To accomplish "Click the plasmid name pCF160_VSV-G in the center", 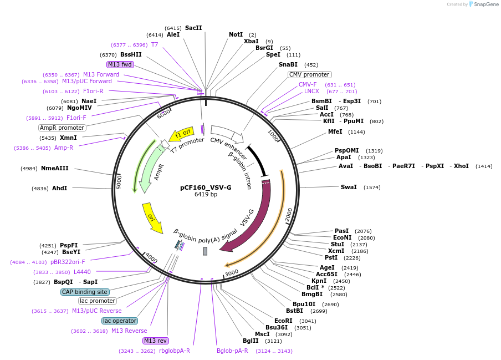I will tap(206, 187).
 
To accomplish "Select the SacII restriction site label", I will tap(193, 28).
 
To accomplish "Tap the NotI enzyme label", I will tap(236, 34).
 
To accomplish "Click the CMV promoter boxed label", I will tap(309, 74).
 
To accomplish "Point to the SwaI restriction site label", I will tap(349, 187).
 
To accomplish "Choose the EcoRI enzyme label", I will tap(283, 321).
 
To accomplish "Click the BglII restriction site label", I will tap(250, 341).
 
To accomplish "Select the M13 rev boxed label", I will tap(156, 341).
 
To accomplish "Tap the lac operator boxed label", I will tap(120, 321).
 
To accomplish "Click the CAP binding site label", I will tap(85, 292).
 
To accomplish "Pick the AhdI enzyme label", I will tap(59, 188).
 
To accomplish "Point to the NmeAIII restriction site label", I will tap(55, 168).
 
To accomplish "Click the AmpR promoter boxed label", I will tap(62, 128).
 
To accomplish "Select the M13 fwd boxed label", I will tap(120, 64).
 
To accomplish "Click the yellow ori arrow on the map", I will tap(152, 218).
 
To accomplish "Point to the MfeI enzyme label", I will tap(335, 131).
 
